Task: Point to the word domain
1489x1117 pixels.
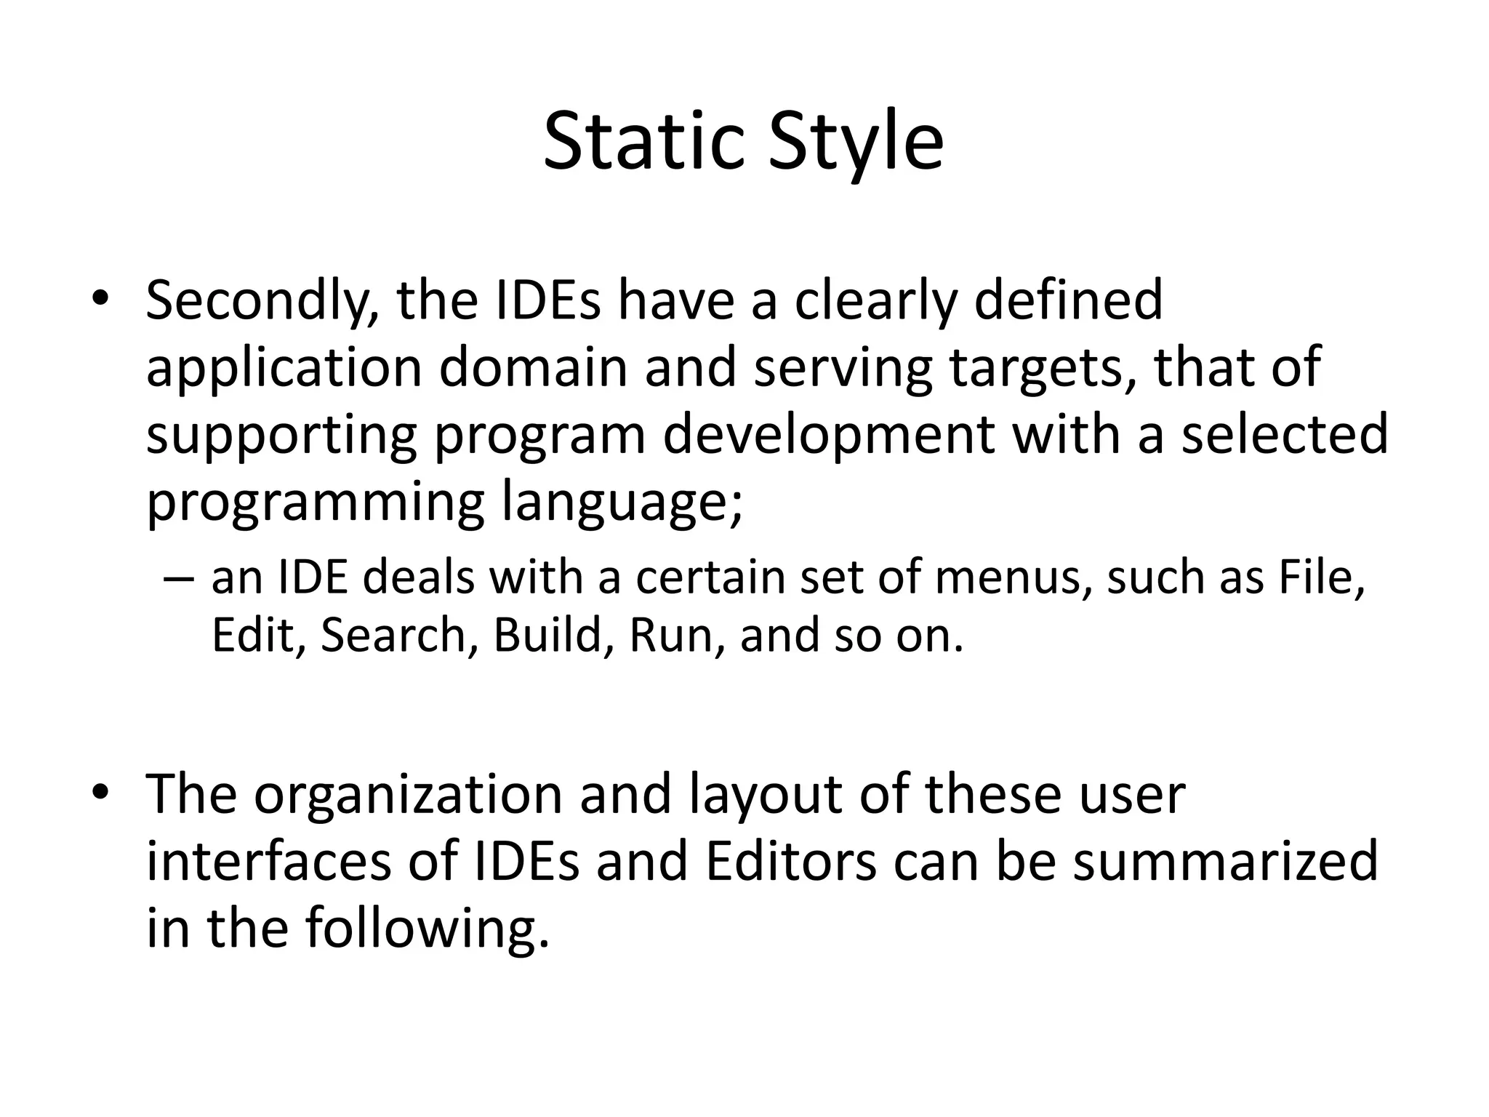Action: click(532, 367)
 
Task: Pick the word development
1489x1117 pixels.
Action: click(827, 435)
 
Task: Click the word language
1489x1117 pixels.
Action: click(622, 502)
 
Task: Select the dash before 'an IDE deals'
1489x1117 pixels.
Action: click(179, 579)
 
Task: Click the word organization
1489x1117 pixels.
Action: click(408, 794)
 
